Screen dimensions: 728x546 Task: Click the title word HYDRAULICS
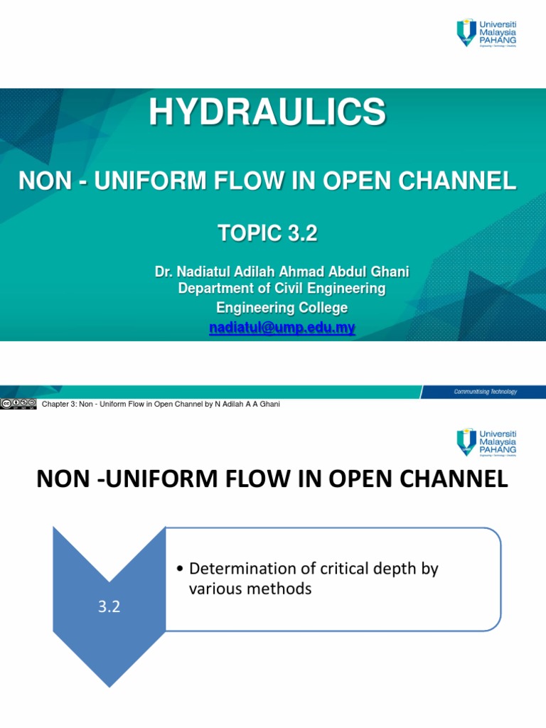point(267,112)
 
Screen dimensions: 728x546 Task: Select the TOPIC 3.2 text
point(267,234)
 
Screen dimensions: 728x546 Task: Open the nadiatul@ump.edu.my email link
point(282,328)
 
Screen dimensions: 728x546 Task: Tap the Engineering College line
point(282,308)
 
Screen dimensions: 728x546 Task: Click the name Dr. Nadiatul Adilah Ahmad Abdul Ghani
point(282,272)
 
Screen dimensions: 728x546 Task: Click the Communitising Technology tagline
point(486,392)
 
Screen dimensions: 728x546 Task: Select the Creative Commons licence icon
point(18,404)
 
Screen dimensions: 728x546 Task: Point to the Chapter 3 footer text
point(161,405)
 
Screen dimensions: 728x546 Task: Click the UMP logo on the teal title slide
point(486,34)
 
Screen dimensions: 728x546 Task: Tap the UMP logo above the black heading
point(486,443)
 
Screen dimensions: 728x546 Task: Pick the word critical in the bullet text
point(337,569)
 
